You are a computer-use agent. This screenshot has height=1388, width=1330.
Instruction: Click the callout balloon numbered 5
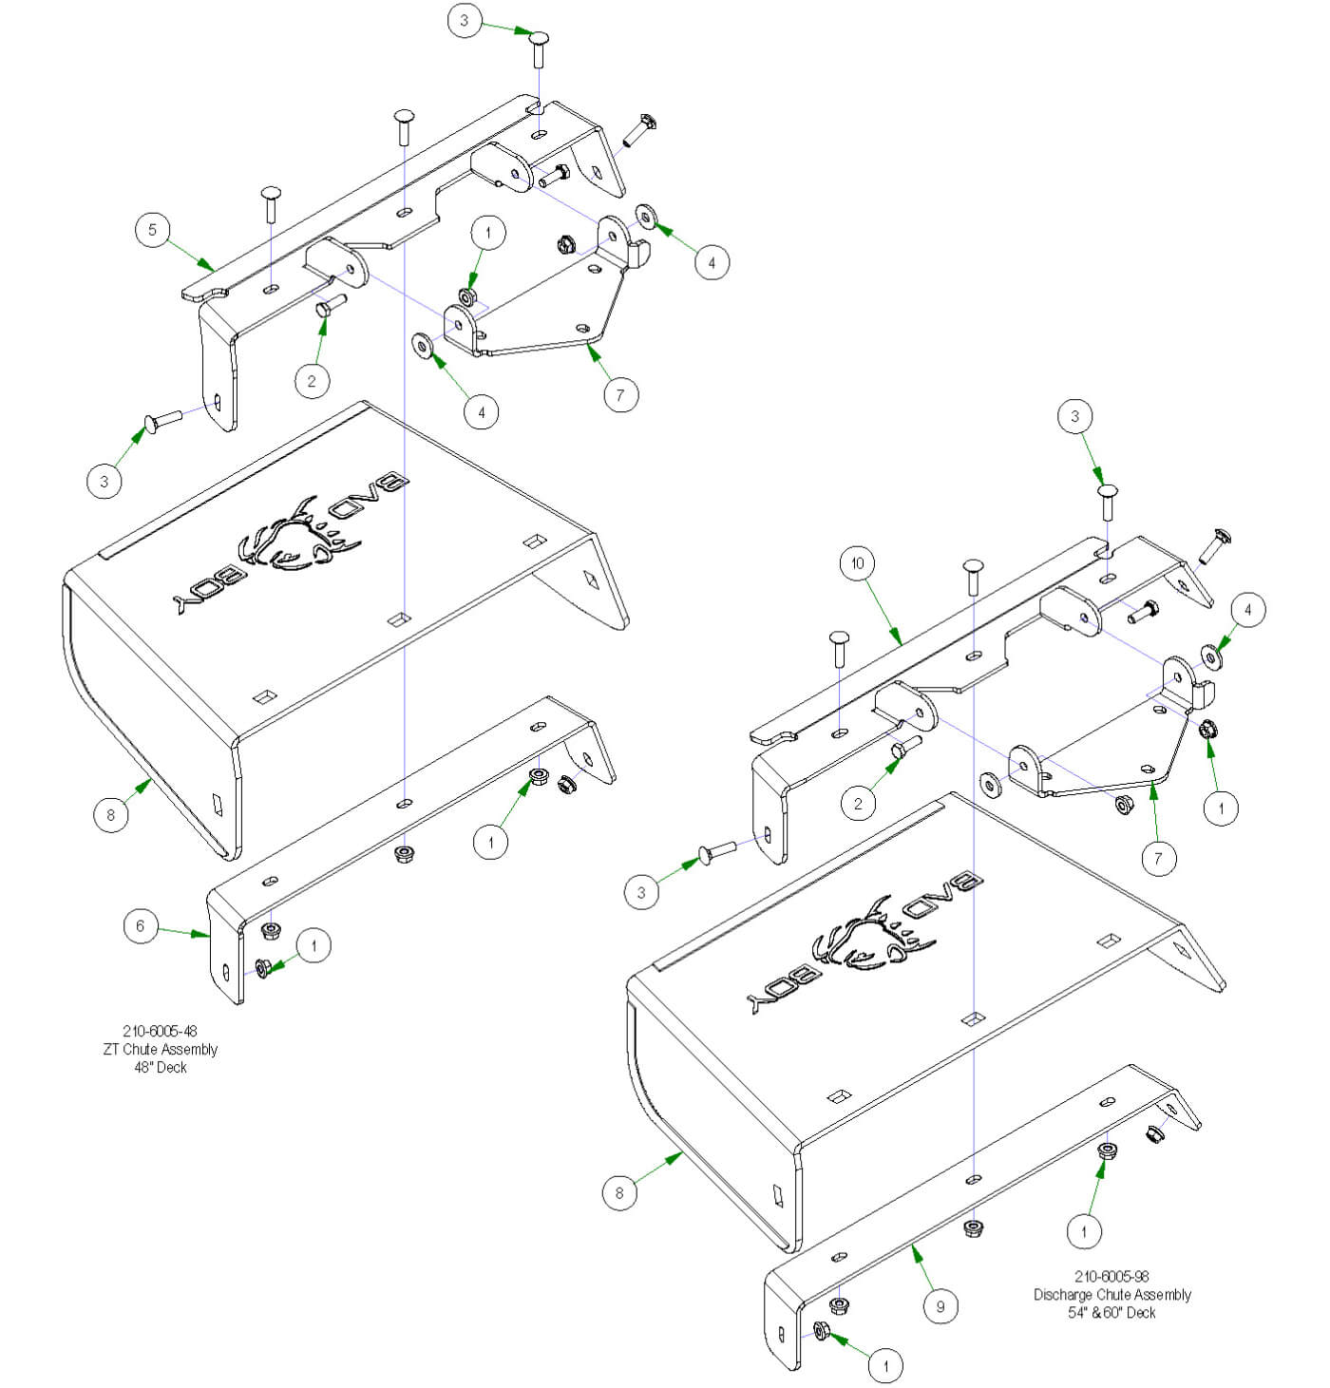(x=152, y=230)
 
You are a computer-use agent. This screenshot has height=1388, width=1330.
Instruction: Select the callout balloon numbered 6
(x=141, y=925)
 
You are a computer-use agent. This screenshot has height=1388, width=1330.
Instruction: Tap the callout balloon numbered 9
(x=940, y=1306)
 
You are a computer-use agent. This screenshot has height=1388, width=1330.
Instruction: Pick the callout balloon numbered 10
(x=857, y=563)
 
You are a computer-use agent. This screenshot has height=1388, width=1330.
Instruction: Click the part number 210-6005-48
(x=160, y=1031)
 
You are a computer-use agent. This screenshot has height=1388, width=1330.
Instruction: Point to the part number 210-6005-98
(x=1111, y=1276)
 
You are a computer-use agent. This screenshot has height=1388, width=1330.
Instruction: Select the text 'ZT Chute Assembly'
(x=160, y=1049)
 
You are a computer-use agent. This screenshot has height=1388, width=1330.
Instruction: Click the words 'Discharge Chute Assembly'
(x=1111, y=1294)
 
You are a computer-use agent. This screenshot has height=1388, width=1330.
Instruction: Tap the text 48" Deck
(x=160, y=1067)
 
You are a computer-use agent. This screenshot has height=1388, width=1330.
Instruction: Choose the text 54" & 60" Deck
(x=1111, y=1312)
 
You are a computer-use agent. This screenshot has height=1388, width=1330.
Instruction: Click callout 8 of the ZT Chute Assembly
(x=111, y=814)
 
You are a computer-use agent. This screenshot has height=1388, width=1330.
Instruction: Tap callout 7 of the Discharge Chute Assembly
(x=1158, y=859)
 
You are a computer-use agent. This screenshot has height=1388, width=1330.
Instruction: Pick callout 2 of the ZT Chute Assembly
(x=312, y=382)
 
